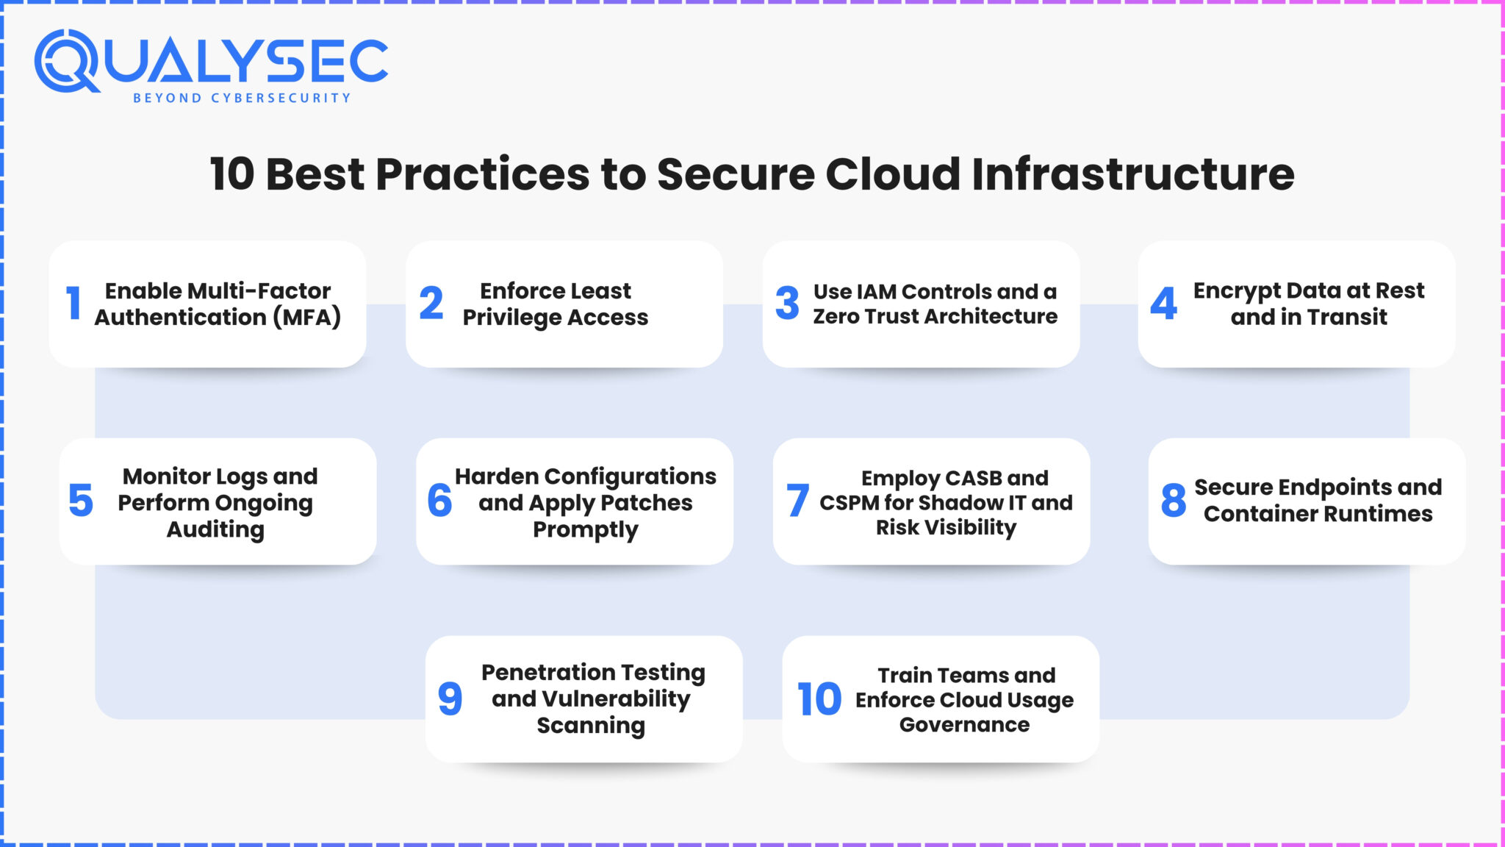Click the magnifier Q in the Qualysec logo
point(65,60)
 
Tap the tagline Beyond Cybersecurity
point(242,98)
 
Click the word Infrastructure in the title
point(1132,174)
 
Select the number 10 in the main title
point(231,174)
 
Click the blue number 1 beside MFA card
point(73,303)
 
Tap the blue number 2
point(431,303)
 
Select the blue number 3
point(787,303)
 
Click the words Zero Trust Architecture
point(935,316)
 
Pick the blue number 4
point(1163,303)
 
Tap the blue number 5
point(81,501)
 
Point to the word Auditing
point(215,529)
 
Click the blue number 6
point(439,501)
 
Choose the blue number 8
point(1173,501)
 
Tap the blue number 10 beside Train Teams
point(819,698)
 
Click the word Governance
point(964,725)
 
